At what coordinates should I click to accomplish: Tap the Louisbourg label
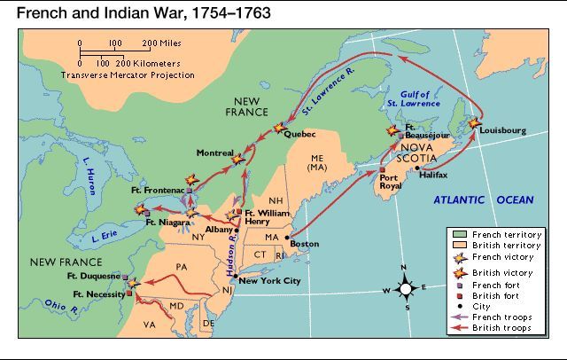[501, 130]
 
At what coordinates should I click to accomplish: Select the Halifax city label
[431, 175]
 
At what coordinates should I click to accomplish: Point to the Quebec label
[301, 135]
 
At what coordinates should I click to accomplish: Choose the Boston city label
[304, 243]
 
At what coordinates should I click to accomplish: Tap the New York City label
[270, 281]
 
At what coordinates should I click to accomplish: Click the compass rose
[404, 288]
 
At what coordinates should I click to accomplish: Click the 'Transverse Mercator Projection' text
[127, 75]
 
